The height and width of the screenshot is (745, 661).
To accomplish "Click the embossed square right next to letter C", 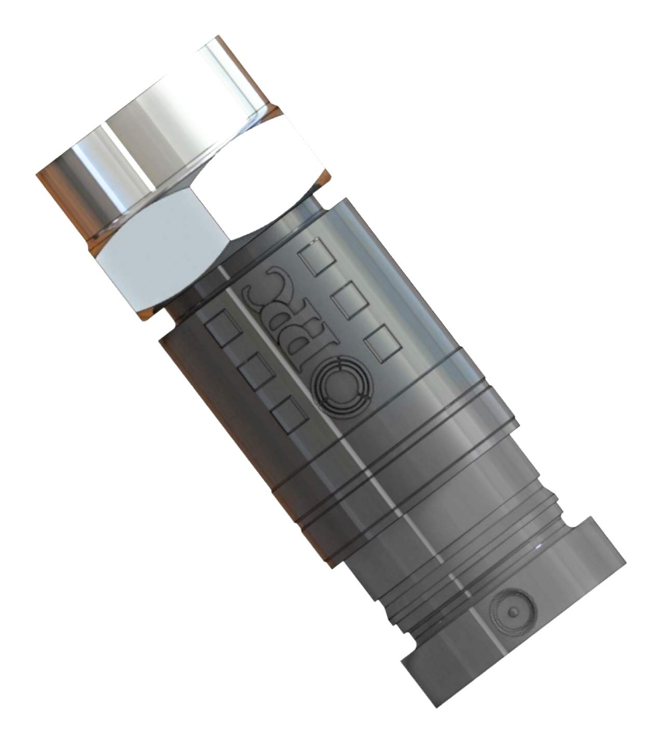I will coord(314,258).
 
